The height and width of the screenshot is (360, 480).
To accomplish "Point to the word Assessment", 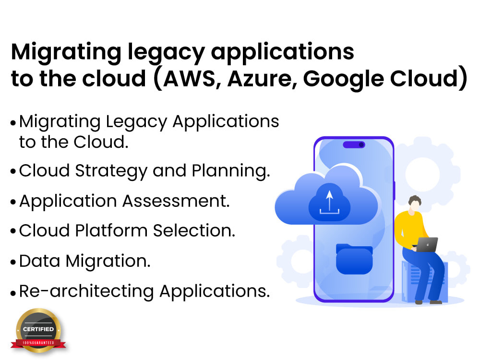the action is tap(176, 201).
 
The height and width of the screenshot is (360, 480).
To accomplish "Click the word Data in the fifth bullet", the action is tap(39, 261).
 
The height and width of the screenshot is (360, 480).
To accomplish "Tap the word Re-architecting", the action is tap(86, 291).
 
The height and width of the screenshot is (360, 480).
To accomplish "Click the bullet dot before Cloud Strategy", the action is tap(13, 171).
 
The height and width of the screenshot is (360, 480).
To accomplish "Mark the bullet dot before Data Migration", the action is tap(13, 263).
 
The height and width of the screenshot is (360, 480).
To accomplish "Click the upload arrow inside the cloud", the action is tap(329, 202).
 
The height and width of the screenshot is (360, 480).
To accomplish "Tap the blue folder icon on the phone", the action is tap(354, 259).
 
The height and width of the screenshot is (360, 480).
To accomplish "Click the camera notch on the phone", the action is tap(354, 144).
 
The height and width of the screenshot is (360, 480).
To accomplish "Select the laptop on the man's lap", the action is tap(426, 245).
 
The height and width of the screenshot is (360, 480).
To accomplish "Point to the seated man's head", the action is tap(415, 203).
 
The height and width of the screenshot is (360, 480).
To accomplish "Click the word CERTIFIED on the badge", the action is tap(38, 329).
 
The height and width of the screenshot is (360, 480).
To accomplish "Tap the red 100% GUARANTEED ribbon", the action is tap(38, 343).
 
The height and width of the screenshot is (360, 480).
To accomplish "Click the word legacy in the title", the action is tap(166, 53).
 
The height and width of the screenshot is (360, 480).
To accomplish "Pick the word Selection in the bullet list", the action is tap(194, 230).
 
